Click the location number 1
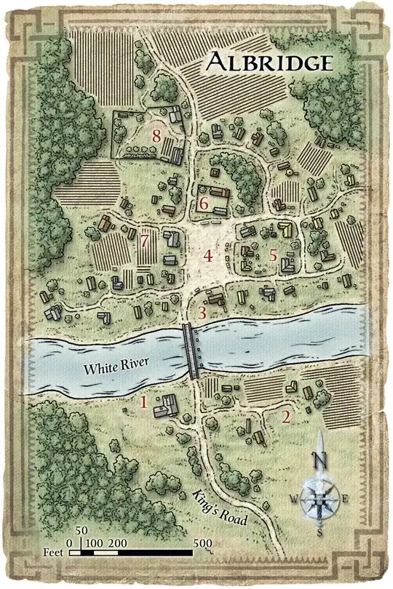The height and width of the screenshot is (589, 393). [x=143, y=401]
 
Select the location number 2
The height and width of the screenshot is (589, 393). [x=286, y=417]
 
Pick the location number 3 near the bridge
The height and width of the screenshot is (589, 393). [x=203, y=313]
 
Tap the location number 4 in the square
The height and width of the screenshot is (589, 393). [x=209, y=256]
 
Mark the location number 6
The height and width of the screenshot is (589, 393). [x=205, y=204]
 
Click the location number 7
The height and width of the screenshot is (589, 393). [x=145, y=239]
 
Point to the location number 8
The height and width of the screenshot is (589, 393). [x=156, y=135]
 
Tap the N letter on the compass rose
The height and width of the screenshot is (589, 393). [x=319, y=460]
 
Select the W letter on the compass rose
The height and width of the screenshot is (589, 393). [x=294, y=499]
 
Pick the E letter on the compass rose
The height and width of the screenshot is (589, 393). [x=346, y=499]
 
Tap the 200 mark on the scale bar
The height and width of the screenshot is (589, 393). [x=119, y=542]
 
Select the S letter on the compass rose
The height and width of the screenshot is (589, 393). [x=319, y=532]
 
